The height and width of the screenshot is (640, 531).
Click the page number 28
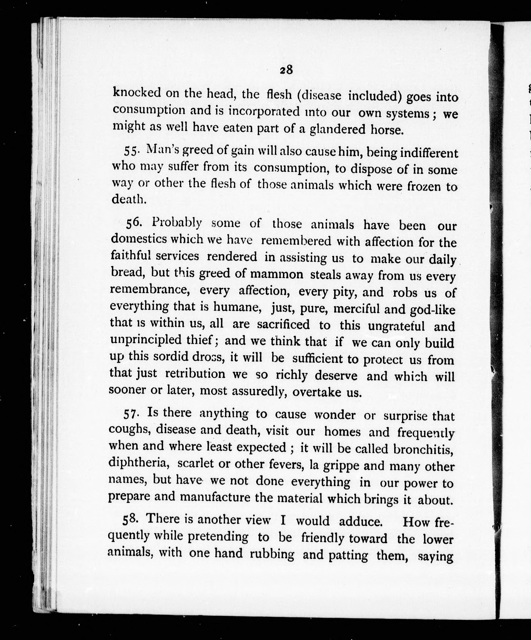tap(286, 70)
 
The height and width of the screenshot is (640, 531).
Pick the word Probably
tap(176, 223)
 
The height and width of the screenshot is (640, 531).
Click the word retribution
tap(195, 374)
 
